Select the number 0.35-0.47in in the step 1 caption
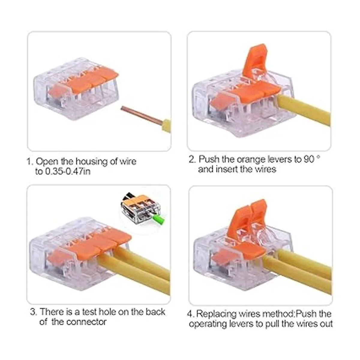click(63, 171)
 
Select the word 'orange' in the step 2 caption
click(250, 160)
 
